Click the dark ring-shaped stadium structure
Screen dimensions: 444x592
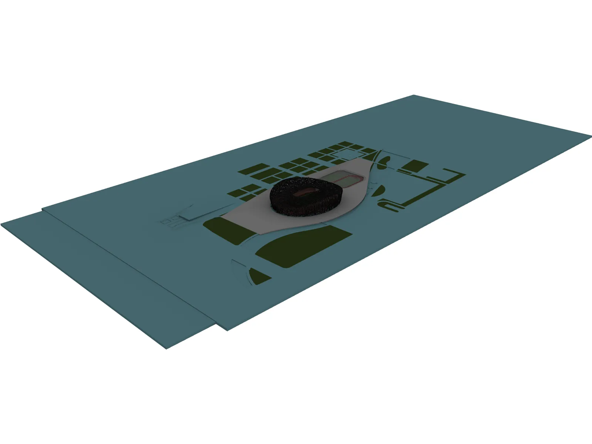pyautogui.click(x=281, y=202)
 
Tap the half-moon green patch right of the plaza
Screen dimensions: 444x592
pyautogui.click(x=379, y=191)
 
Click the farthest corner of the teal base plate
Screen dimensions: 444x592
pyautogui.click(x=413, y=95)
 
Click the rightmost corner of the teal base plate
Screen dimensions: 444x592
pyautogui.click(x=591, y=136)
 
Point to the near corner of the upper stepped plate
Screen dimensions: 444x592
pyautogui.click(x=226, y=330)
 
